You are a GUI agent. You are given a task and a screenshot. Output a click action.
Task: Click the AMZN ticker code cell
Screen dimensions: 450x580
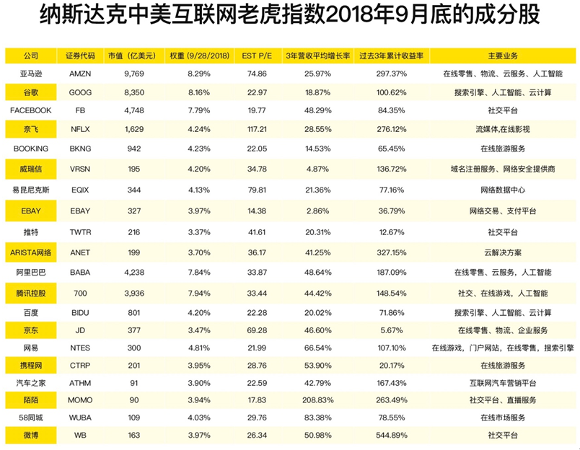(80, 74)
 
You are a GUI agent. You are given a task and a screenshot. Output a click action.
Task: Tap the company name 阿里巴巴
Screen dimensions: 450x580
(30, 273)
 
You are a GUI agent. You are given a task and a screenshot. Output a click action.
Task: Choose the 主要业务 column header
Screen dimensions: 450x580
(503, 56)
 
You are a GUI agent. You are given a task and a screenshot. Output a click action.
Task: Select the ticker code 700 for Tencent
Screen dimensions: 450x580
(80, 294)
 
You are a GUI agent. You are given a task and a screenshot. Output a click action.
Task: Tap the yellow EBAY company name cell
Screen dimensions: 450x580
(30, 211)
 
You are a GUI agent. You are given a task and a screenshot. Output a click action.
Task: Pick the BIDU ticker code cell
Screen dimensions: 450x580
(80, 312)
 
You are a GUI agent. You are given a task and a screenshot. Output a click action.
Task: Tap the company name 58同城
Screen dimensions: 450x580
(30, 417)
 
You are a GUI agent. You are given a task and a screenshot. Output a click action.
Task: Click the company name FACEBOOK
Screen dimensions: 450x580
(30, 110)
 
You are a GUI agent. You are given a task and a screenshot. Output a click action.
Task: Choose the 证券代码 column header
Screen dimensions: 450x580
(80, 56)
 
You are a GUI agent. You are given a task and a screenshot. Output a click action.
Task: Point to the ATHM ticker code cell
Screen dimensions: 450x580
(80, 381)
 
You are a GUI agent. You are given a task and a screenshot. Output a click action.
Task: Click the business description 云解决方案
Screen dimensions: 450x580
(503, 252)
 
